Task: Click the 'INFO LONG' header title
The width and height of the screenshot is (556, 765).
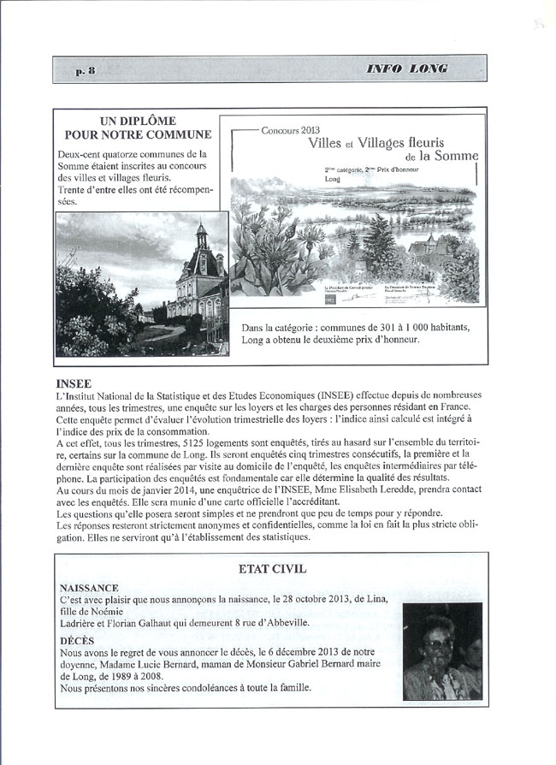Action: coord(407,69)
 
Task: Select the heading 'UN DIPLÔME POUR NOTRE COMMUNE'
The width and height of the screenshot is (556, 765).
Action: coord(139,128)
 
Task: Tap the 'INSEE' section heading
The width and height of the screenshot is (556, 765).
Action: coord(73,382)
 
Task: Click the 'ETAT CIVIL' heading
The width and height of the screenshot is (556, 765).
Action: coord(274,568)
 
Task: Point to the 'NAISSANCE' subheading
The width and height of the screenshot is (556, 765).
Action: coord(89,589)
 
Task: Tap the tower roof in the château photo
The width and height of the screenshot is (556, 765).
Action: coord(202,236)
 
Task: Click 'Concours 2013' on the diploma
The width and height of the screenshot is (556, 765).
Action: coord(290,129)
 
